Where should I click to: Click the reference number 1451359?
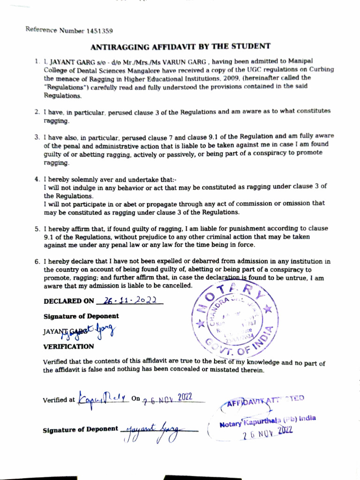[99, 31]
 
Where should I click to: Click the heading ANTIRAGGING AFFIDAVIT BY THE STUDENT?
[180, 46]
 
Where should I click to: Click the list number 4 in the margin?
[37, 180]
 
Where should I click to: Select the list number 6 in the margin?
[37, 262]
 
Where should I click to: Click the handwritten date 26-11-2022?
[128, 301]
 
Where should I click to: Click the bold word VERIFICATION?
[68, 346]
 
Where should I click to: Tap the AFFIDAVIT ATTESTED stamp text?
[265, 400]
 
